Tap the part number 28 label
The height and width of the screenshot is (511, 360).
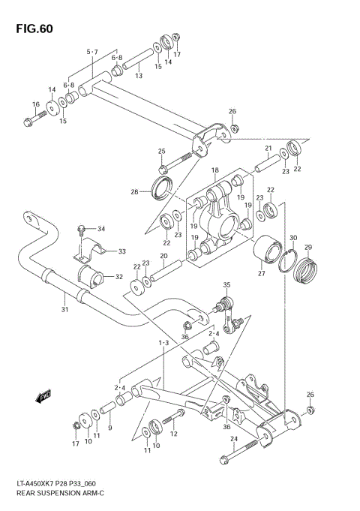pyautogui.click(x=133, y=192)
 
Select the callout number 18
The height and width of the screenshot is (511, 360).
pyautogui.click(x=214, y=171)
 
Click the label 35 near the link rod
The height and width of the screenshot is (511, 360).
pyautogui.click(x=226, y=284)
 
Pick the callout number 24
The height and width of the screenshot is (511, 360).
pyautogui.click(x=233, y=438)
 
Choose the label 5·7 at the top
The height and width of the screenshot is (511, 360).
pyautogui.click(x=92, y=52)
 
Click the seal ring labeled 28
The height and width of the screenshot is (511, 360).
pyautogui.click(x=161, y=189)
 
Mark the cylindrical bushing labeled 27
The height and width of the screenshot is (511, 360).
pyautogui.click(x=265, y=251)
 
